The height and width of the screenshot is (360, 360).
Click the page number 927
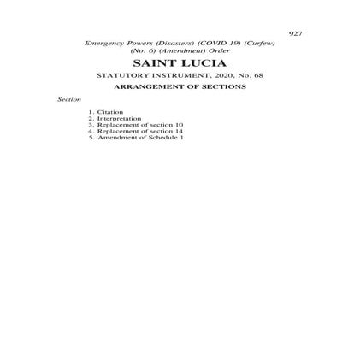(x=295, y=33)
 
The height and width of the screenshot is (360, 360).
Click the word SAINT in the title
(x=148, y=63)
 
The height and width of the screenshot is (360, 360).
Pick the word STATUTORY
(x=121, y=75)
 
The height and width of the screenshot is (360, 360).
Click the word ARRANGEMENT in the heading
(x=150, y=86)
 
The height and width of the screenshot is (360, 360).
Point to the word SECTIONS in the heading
(x=225, y=86)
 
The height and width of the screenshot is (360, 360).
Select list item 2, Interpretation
(x=119, y=118)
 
